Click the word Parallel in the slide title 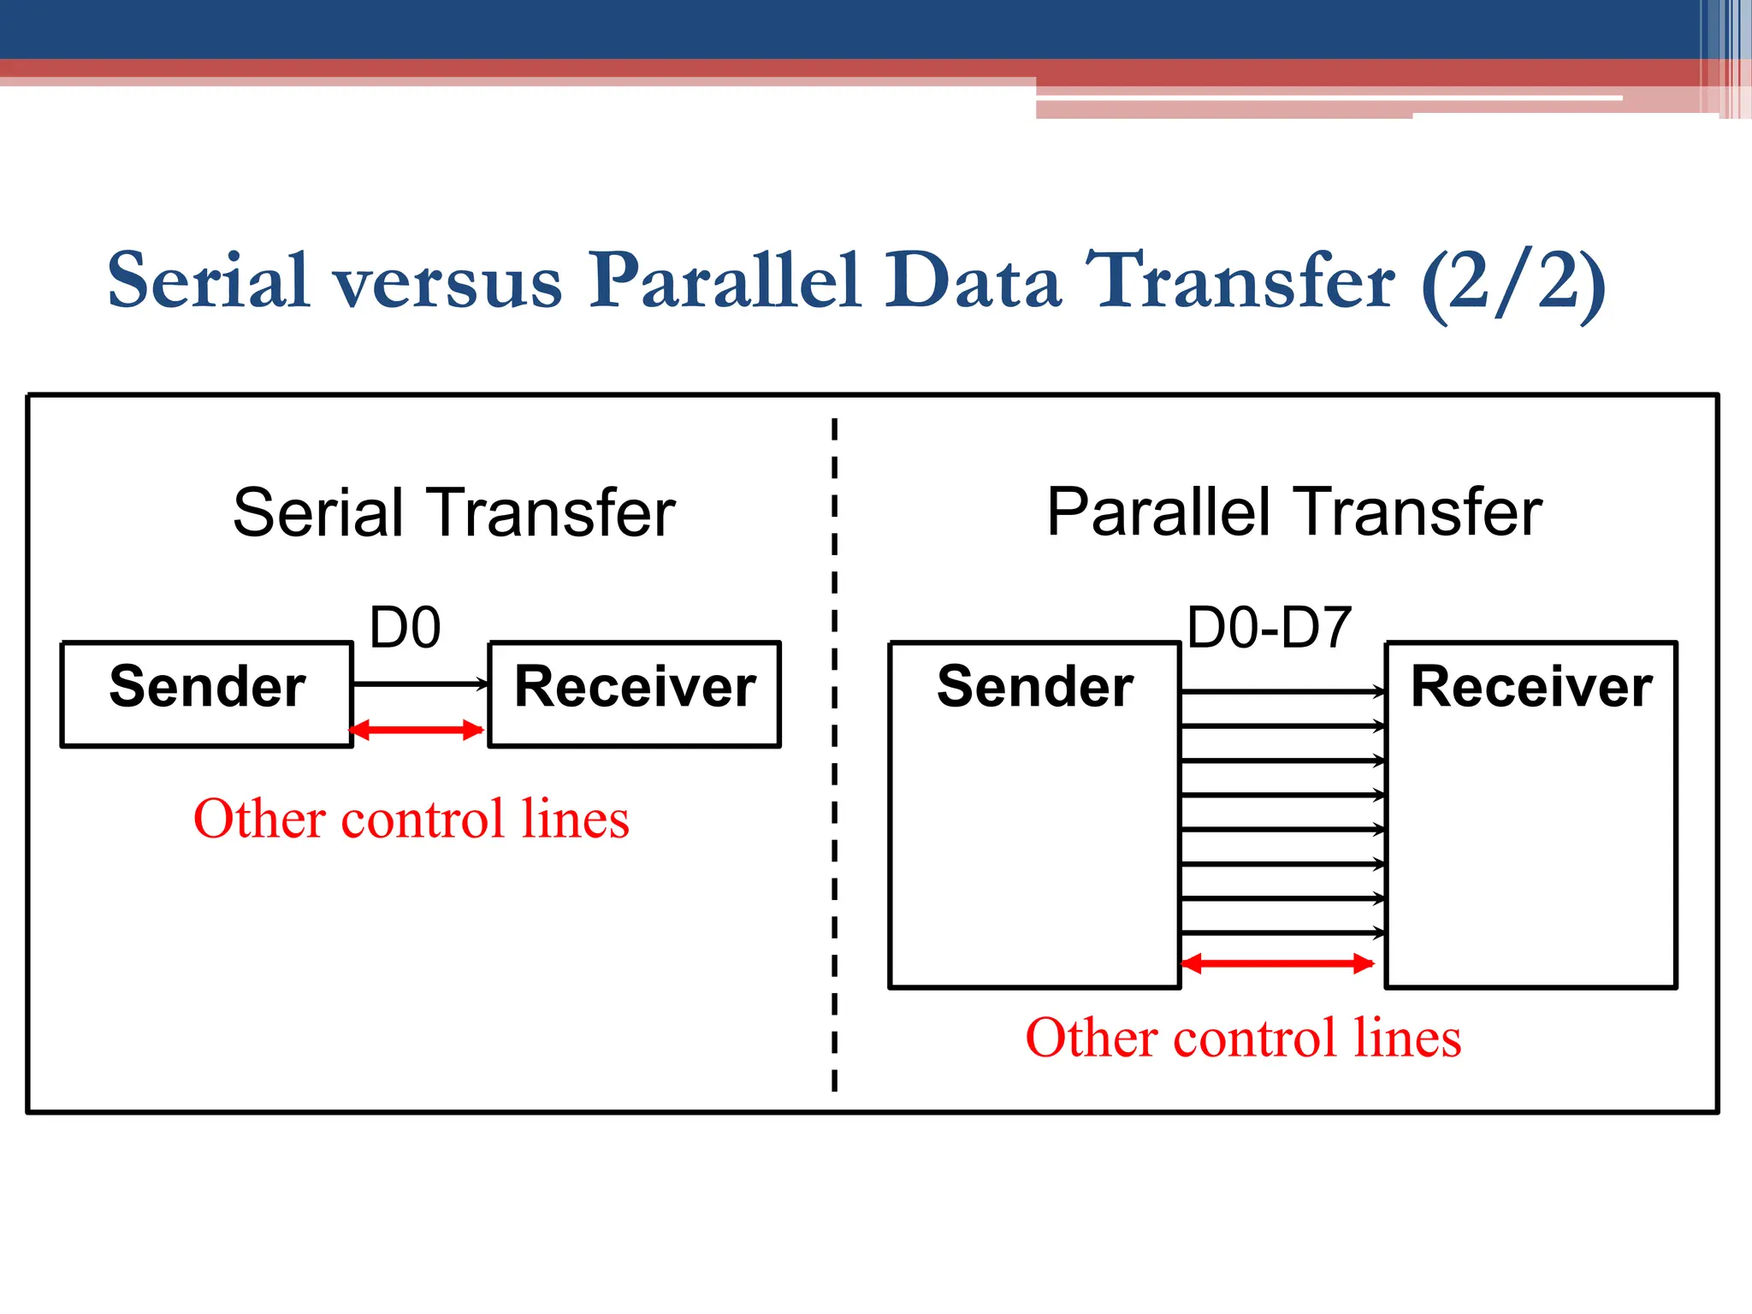pos(724,281)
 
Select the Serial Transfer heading pos(453,513)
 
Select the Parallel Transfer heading pos(1293,513)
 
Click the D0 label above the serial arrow pos(405,628)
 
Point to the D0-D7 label pos(1269,628)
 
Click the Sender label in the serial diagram pos(207,687)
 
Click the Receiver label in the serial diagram pos(635,687)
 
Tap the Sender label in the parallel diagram pos(1034,687)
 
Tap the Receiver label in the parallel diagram pos(1530,687)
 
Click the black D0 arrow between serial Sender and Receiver pos(419,684)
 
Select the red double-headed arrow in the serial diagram pos(417,730)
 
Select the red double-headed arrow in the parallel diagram pos(1277,964)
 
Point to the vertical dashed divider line pos(834,753)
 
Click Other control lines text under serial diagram pos(411,819)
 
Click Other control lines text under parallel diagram pos(1243,1038)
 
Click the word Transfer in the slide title pos(1240,281)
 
